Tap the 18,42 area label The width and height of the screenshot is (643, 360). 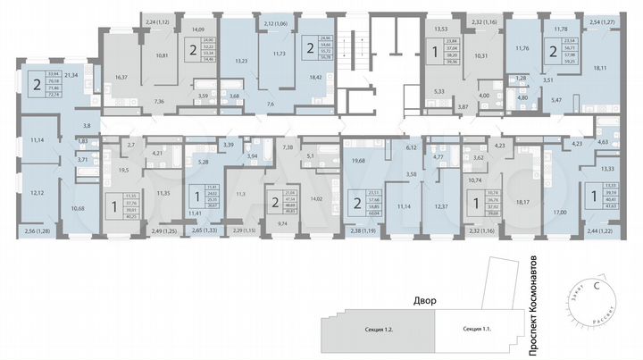point(315,78)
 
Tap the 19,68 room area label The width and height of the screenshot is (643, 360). point(360,162)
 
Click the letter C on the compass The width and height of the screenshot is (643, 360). point(597,285)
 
